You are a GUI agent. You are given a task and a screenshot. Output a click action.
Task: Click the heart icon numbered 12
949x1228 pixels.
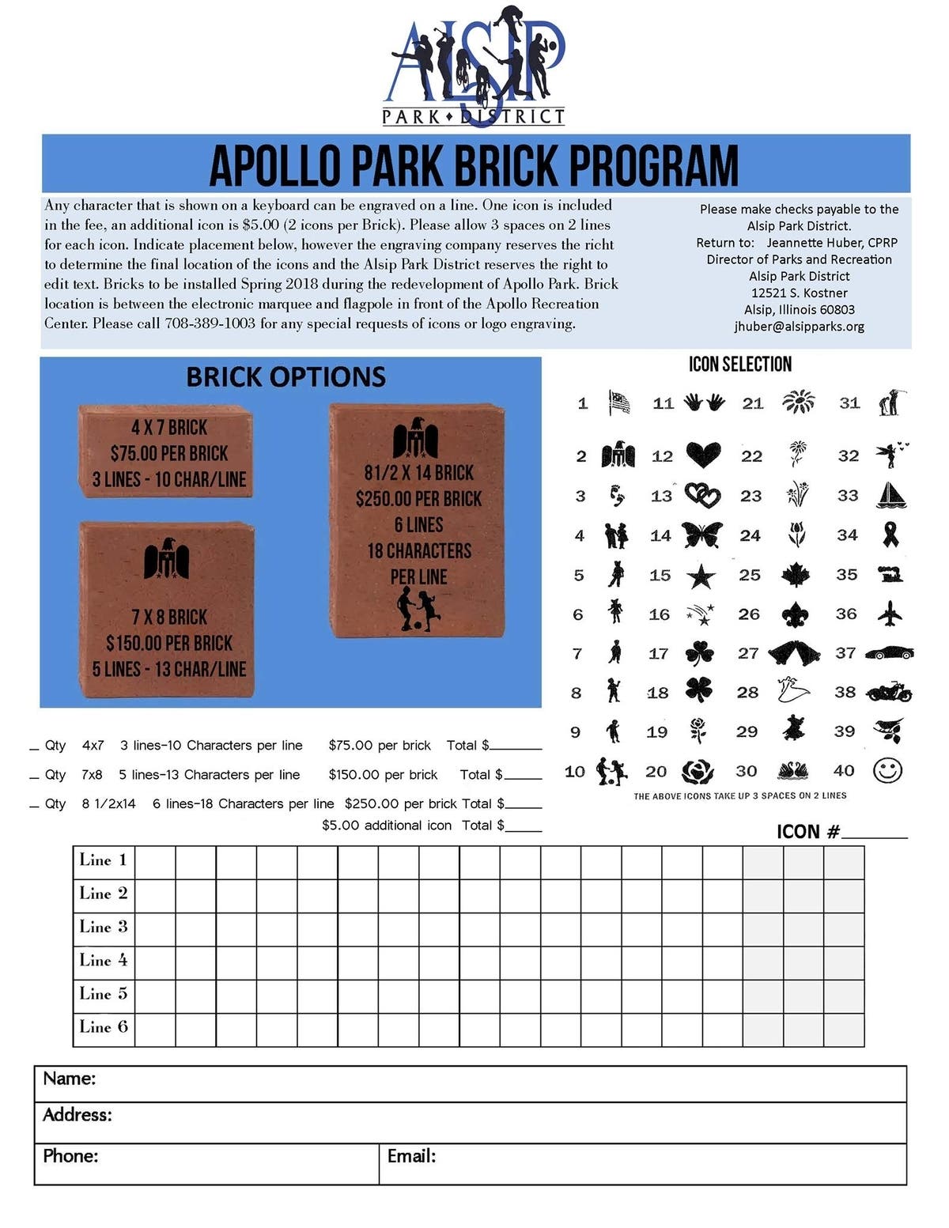coord(702,455)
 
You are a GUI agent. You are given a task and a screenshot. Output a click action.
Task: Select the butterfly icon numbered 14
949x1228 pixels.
coord(701,535)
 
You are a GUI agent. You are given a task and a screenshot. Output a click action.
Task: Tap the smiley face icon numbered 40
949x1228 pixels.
coord(887,770)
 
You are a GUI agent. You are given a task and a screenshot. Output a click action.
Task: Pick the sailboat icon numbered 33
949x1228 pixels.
coord(891,495)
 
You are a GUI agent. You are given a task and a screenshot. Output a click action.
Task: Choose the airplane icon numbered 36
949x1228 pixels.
coord(890,614)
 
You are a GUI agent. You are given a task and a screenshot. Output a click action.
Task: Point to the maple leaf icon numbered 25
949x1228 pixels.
coord(795,575)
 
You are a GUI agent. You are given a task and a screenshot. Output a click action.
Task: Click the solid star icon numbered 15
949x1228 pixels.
coord(700,576)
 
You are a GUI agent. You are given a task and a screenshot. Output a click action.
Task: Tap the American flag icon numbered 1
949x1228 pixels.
coord(619,402)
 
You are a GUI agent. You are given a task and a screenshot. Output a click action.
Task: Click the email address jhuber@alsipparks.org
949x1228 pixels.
coord(799,326)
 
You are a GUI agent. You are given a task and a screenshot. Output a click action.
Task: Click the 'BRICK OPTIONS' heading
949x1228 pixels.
coord(285,376)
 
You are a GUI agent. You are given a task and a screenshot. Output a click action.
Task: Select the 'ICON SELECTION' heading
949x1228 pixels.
coord(739,364)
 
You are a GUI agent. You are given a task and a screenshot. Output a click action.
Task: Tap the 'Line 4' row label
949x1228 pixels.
coord(103,960)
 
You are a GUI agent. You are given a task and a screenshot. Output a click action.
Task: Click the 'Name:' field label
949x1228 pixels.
coord(70,1079)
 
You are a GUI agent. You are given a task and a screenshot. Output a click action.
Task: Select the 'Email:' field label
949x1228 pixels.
coord(411,1156)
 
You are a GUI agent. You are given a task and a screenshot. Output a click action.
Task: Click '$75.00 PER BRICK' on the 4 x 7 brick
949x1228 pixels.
coord(169,453)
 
